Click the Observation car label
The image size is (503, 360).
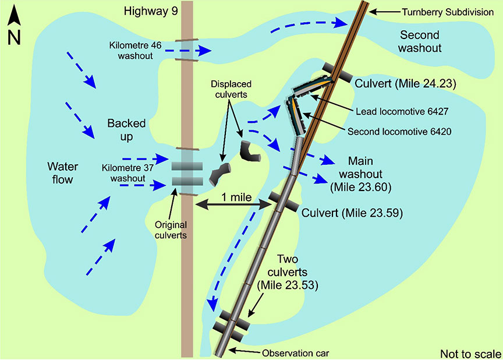[x=292, y=353]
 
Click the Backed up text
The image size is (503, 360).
[x=126, y=130]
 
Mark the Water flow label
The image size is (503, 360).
[x=60, y=173]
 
